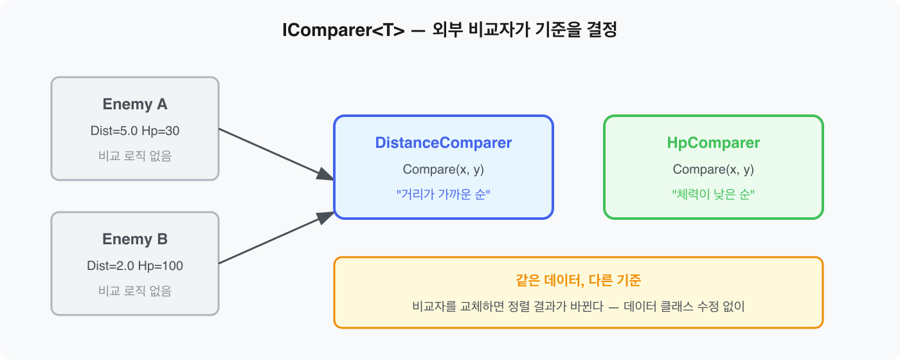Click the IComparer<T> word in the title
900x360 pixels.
(x=343, y=30)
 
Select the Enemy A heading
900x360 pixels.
(x=135, y=104)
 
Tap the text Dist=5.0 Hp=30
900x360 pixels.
(x=135, y=131)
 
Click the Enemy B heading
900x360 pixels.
(x=135, y=239)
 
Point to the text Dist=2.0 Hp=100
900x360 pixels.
(x=135, y=266)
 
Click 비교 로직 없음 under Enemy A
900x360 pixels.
(x=135, y=156)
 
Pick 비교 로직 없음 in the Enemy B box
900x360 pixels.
(x=135, y=291)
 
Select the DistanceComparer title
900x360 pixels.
(x=444, y=143)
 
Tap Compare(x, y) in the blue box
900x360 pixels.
(x=444, y=170)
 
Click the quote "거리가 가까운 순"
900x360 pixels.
(x=444, y=194)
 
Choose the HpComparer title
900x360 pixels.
(x=714, y=143)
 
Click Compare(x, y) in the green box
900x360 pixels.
(x=714, y=170)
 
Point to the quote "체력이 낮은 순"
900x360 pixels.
(x=714, y=194)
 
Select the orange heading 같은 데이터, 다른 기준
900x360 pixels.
(x=579, y=281)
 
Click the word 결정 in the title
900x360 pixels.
(x=600, y=30)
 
